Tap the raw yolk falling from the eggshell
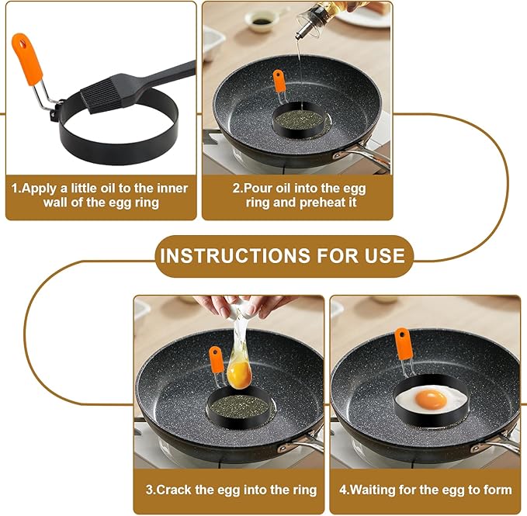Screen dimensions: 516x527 tap(238, 375)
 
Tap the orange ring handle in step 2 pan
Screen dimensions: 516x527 tap(279, 80)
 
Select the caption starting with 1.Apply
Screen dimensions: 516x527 tap(99, 195)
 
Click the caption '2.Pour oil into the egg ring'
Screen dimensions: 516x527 tap(299, 195)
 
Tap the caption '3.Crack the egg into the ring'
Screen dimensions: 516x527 tap(231, 490)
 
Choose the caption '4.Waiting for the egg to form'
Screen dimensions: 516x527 tap(427, 490)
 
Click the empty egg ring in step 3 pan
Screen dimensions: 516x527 tap(237, 403)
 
